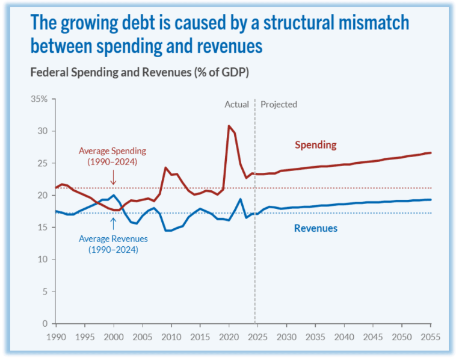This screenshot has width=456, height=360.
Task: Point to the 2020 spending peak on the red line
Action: [229, 126]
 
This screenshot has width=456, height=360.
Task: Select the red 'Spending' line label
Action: [315, 145]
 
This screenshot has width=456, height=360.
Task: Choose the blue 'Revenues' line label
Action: [315, 228]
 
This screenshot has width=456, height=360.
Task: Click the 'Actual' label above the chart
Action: [236, 104]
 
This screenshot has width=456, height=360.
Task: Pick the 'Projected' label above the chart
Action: [279, 104]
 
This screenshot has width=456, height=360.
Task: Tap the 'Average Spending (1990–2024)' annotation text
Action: [112, 157]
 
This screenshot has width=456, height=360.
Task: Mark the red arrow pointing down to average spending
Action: [113, 178]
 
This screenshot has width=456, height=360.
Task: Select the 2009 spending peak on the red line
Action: [165, 168]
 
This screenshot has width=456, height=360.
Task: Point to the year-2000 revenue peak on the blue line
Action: [114, 195]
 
